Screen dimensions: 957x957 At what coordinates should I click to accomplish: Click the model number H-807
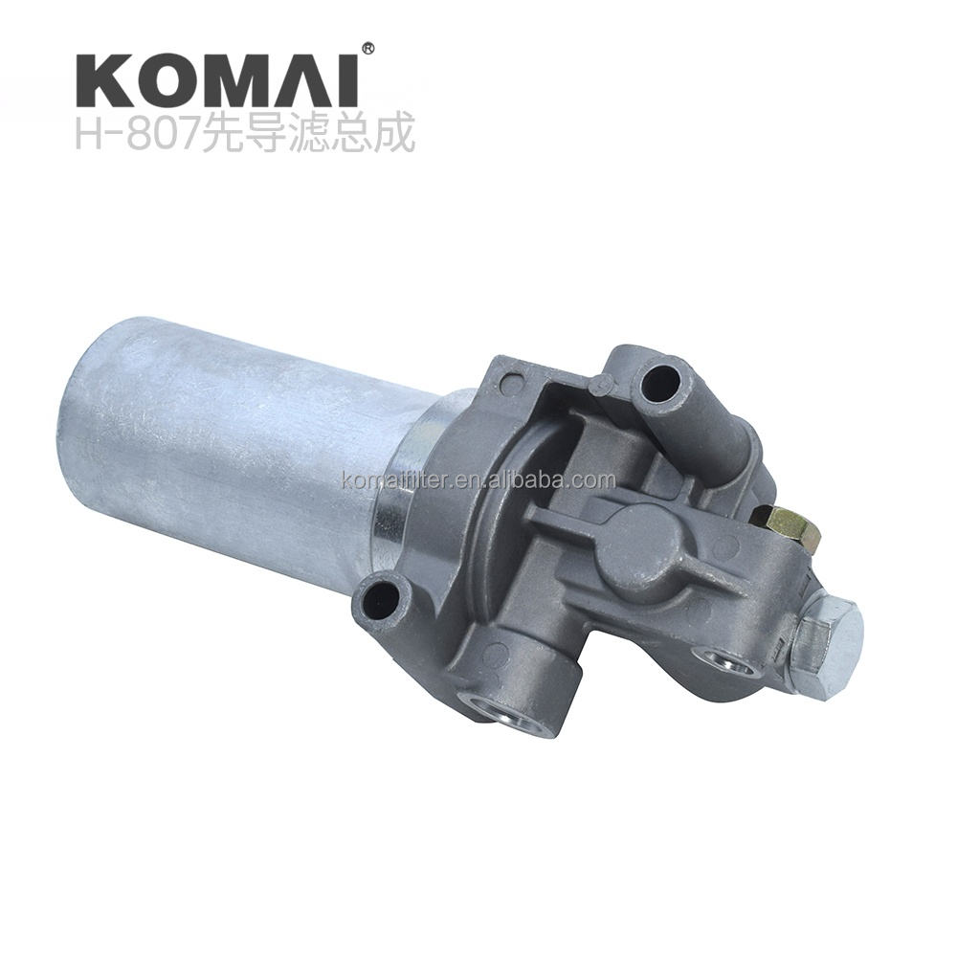pyautogui.click(x=135, y=136)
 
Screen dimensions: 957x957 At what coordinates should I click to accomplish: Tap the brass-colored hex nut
pyautogui.click(x=787, y=527)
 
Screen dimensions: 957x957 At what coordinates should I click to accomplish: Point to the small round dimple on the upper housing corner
pyautogui.click(x=601, y=385)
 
